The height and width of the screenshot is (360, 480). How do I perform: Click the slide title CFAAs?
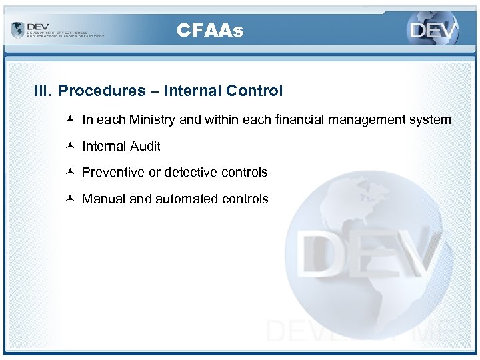pyautogui.click(x=210, y=30)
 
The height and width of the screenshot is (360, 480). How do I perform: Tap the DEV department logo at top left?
pyautogui.click(x=57, y=30)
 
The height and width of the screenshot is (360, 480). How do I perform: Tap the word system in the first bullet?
pyautogui.click(x=432, y=120)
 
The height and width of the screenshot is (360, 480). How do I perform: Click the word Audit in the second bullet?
pyautogui.click(x=146, y=146)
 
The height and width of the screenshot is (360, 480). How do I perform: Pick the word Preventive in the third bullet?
pyautogui.click(x=113, y=172)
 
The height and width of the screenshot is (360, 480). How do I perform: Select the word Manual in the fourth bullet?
pyautogui.click(x=103, y=199)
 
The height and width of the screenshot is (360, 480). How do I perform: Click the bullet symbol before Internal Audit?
pyautogui.click(x=71, y=146)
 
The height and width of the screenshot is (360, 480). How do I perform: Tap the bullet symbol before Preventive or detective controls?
pyautogui.click(x=71, y=172)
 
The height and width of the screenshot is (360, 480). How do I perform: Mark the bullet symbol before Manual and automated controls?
pyautogui.click(x=71, y=199)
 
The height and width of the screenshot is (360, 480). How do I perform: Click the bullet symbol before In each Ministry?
pyautogui.click(x=71, y=120)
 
